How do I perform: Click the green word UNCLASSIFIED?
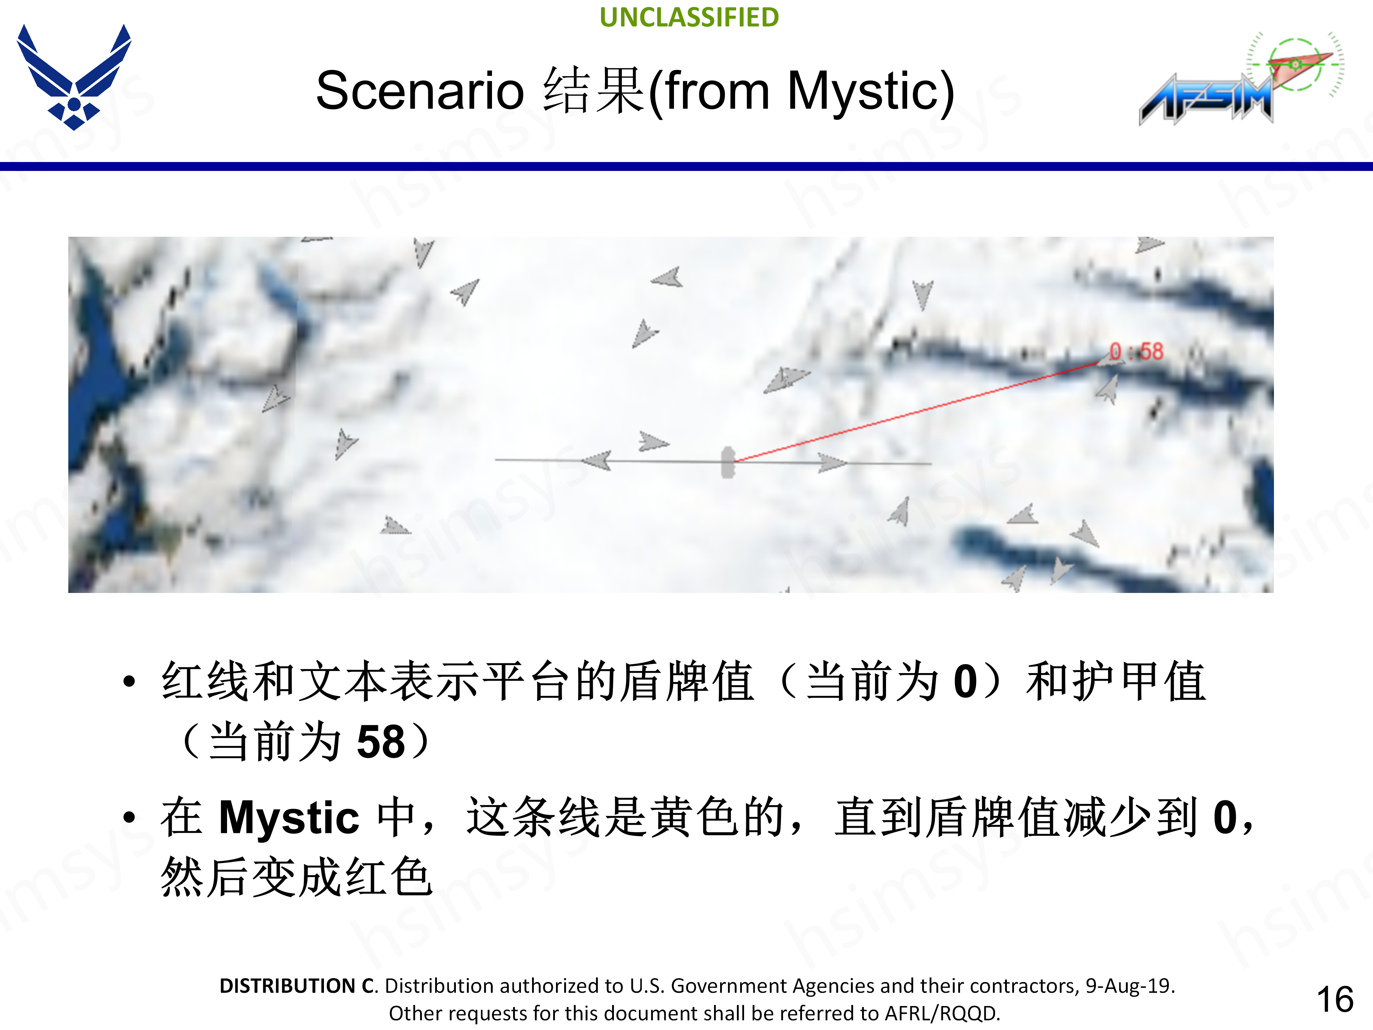(689, 18)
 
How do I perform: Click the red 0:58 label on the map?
(1137, 352)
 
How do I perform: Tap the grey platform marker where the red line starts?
(728, 462)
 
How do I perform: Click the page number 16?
(1334, 1000)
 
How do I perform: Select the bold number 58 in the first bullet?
(380, 742)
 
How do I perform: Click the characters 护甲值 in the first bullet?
(1116, 682)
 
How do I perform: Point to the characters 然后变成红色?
(296, 877)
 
